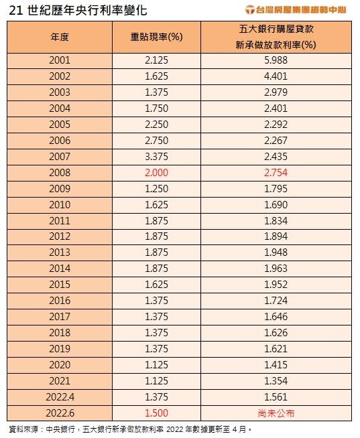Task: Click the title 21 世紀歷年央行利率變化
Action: point(78,11)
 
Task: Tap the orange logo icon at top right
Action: point(249,10)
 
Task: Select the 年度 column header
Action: point(60,37)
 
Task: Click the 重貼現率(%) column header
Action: point(156,37)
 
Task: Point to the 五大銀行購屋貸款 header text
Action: point(276,29)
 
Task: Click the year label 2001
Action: point(60,60)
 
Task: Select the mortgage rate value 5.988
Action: point(276,60)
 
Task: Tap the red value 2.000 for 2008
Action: point(156,173)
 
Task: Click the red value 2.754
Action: point(276,173)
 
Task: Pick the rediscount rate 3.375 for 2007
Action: point(156,157)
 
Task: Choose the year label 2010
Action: point(60,205)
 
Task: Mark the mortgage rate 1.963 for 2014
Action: point(276,269)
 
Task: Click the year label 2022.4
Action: point(60,397)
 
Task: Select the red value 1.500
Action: point(156,413)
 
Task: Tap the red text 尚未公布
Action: point(276,413)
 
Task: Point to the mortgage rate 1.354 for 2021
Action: point(276,381)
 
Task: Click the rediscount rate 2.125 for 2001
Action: point(156,60)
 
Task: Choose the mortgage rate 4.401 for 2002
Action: point(276,76)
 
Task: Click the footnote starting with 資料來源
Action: point(130,429)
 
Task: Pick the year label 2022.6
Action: point(60,413)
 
